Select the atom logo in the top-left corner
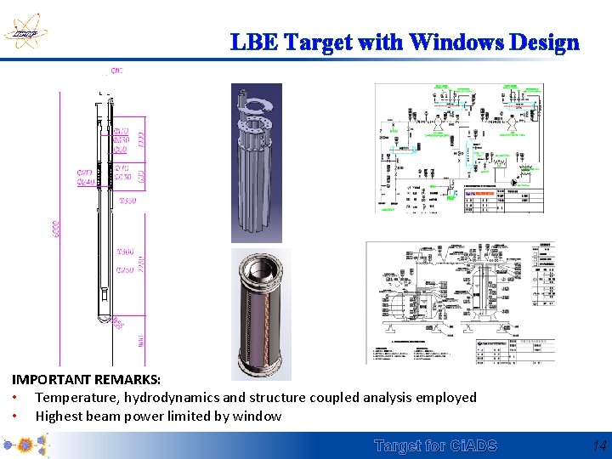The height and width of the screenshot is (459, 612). (x=25, y=31)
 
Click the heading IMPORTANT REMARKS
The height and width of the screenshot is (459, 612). (x=86, y=378)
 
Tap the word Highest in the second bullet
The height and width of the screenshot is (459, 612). (x=60, y=416)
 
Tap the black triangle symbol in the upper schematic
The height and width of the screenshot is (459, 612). (x=513, y=182)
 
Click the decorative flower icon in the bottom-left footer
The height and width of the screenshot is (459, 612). (x=25, y=445)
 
